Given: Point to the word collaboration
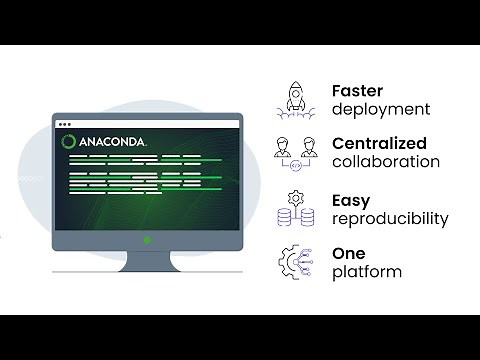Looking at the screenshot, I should tap(386, 161).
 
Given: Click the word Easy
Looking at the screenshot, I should tap(351, 200).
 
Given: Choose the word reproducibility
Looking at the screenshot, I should tap(390, 219).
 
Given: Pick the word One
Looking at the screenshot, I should tap(350, 252).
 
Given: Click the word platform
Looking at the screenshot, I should tap(367, 272).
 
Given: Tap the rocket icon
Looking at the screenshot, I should tap(298, 98).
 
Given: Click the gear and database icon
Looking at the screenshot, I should tap(296, 208).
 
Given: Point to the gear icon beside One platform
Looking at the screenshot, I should tap(296, 261).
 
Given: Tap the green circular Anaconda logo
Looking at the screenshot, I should tap(70, 142).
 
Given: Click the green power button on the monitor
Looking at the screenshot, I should tap(148, 240).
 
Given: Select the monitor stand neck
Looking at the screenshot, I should tap(148, 258).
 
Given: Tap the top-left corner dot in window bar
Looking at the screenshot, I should tap(59, 124).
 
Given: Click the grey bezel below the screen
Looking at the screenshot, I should tap(100, 240).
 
